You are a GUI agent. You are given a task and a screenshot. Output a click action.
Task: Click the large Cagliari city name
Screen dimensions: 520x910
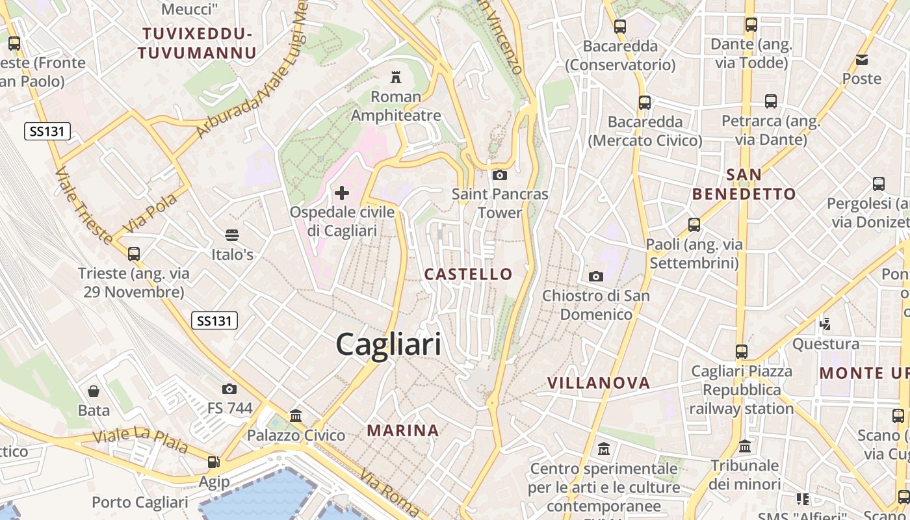click(x=388, y=344)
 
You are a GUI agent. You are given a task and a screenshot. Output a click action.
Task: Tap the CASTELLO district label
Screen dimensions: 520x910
click(x=468, y=274)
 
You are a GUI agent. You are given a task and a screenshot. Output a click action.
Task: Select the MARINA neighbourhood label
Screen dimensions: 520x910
click(x=403, y=430)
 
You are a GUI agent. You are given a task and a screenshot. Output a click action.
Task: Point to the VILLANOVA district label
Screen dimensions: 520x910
click(x=599, y=383)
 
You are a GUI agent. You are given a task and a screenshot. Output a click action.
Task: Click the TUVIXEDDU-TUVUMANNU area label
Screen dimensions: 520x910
click(x=197, y=43)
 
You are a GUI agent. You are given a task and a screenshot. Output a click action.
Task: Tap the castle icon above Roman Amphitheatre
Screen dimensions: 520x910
click(x=395, y=78)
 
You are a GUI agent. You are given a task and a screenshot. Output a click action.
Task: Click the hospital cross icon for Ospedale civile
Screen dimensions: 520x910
click(x=342, y=193)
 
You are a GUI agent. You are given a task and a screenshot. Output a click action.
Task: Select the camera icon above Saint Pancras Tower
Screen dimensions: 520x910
click(x=500, y=175)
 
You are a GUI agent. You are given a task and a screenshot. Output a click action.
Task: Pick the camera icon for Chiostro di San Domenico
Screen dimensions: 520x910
click(x=595, y=277)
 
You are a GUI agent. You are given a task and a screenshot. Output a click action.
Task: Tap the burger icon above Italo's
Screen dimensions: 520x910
click(x=232, y=235)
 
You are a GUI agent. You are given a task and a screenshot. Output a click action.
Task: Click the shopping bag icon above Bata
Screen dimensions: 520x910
click(x=94, y=391)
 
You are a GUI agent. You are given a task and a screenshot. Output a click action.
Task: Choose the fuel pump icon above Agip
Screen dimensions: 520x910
click(x=213, y=462)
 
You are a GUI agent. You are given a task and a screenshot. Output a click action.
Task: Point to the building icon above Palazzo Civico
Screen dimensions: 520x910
click(x=296, y=415)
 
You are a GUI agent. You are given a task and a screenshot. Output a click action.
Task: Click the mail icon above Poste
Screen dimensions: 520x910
click(x=862, y=60)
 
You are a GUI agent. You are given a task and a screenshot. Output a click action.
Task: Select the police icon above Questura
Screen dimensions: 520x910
click(x=825, y=324)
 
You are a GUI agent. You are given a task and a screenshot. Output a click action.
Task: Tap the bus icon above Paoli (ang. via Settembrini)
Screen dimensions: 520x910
click(x=694, y=225)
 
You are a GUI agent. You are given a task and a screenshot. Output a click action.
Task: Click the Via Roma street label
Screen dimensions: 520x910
click(x=391, y=492)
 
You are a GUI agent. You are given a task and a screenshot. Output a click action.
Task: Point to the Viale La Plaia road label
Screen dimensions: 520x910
click(x=140, y=440)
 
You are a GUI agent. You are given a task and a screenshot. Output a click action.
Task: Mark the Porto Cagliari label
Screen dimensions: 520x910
click(x=140, y=502)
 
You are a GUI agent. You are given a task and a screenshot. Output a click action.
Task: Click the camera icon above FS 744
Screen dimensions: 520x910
click(x=229, y=389)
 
